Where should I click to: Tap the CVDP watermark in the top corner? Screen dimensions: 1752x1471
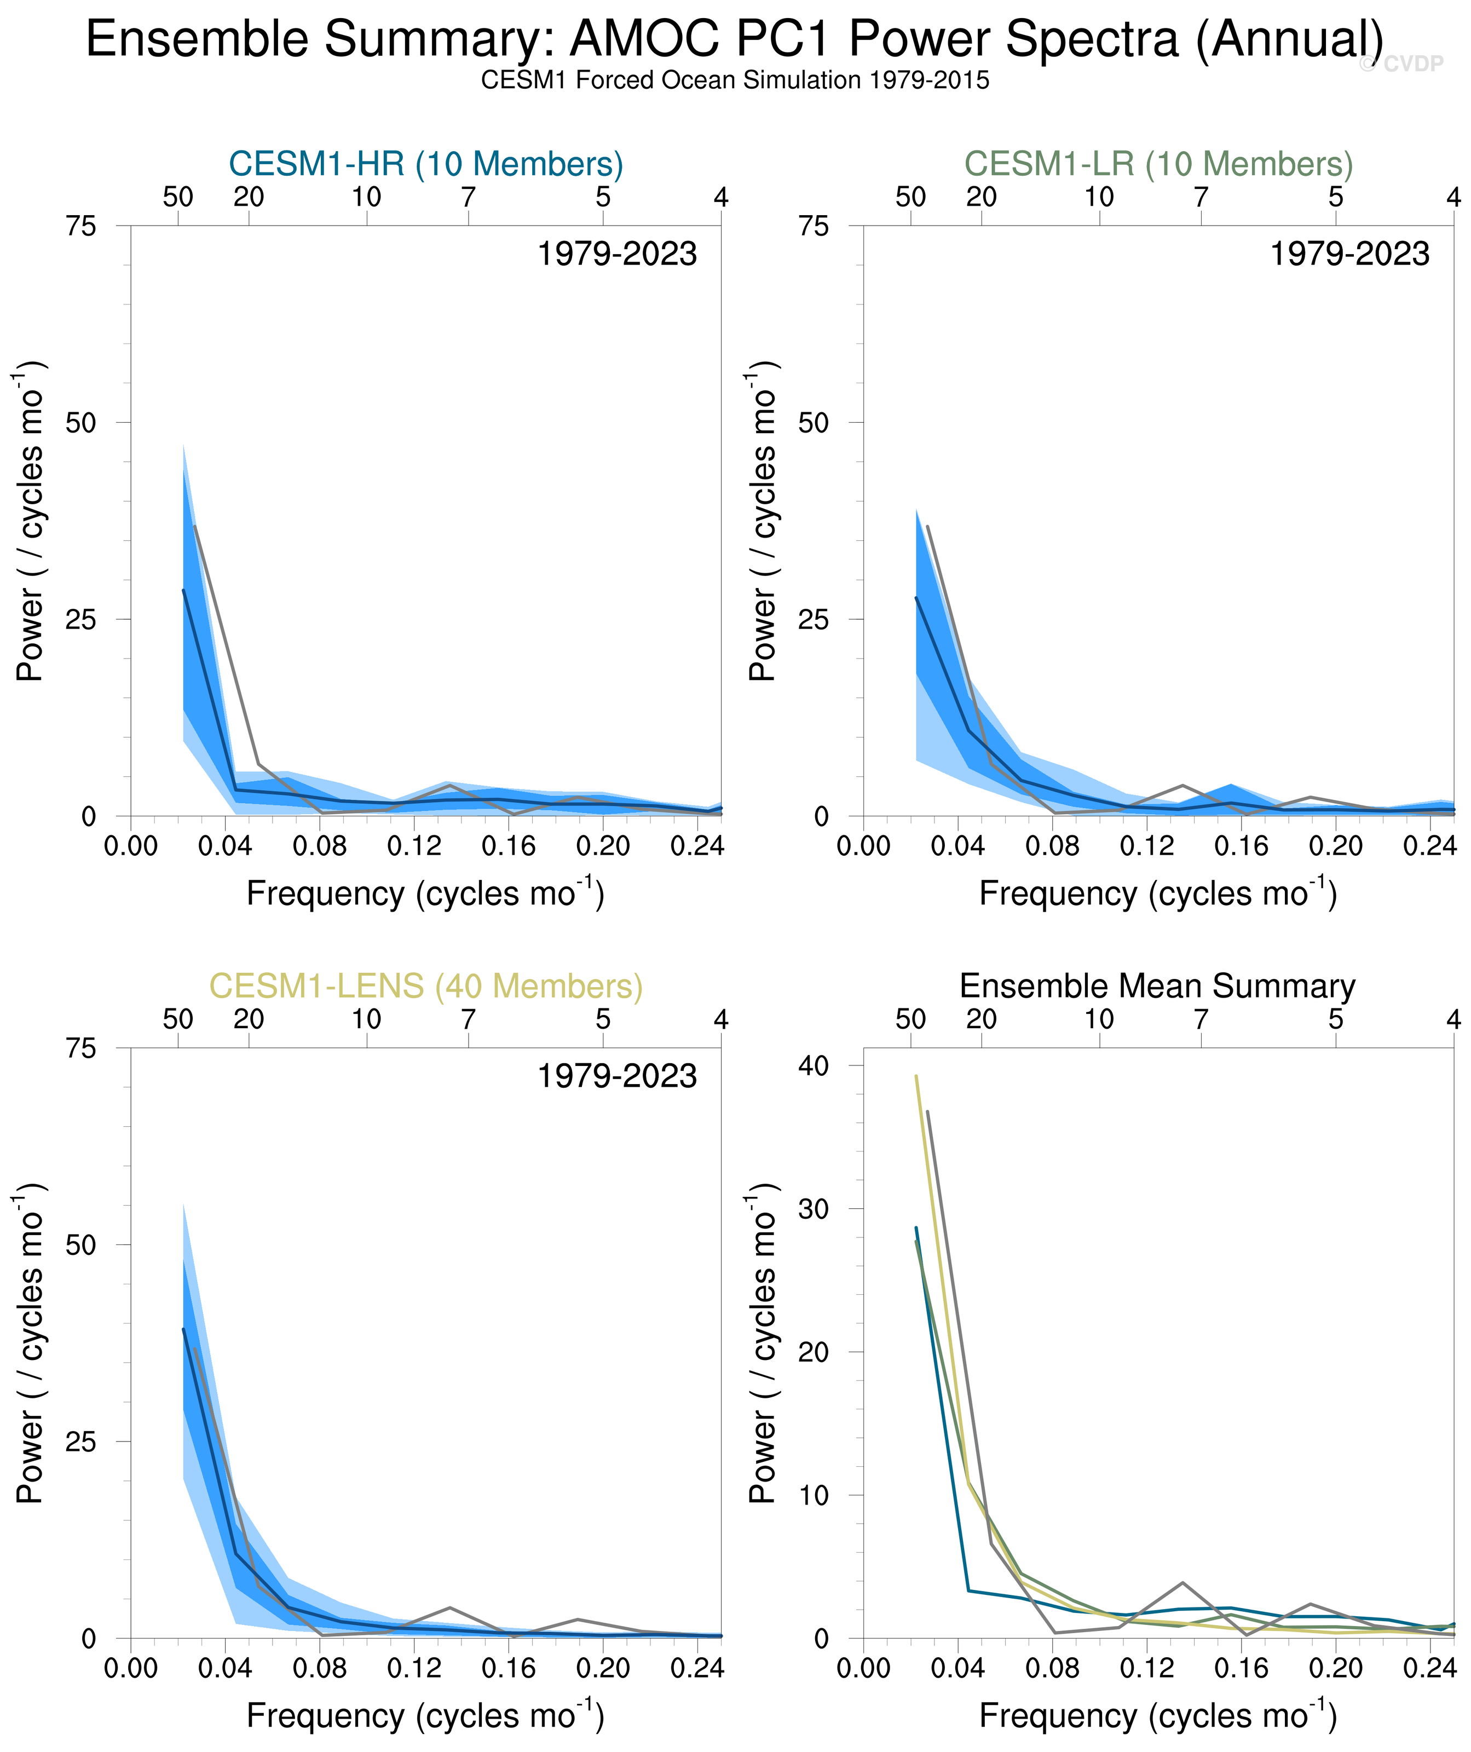pyautogui.click(x=1401, y=64)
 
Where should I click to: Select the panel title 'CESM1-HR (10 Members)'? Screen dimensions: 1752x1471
pyautogui.click(x=425, y=164)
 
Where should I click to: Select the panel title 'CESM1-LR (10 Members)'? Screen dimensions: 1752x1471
pyautogui.click(x=1158, y=164)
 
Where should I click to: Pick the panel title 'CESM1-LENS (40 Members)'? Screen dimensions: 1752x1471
pyautogui.click(x=425, y=986)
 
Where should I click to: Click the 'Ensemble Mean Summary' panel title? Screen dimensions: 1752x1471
pyautogui.click(x=1157, y=986)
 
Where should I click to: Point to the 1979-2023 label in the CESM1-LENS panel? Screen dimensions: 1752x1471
pyautogui.click(x=616, y=1076)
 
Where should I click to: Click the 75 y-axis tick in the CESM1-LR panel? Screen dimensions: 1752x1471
pyautogui.click(x=814, y=226)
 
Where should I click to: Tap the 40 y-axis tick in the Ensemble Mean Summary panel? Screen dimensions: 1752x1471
pyautogui.click(x=814, y=1065)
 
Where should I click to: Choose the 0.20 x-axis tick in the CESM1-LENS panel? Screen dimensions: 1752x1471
pyautogui.click(x=602, y=1669)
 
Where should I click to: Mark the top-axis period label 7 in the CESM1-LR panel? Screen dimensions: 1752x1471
pyautogui.click(x=1201, y=198)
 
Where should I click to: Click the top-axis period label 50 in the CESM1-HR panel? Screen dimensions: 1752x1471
pyautogui.click(x=178, y=198)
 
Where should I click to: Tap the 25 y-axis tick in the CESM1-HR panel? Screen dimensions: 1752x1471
pyautogui.click(x=81, y=619)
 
